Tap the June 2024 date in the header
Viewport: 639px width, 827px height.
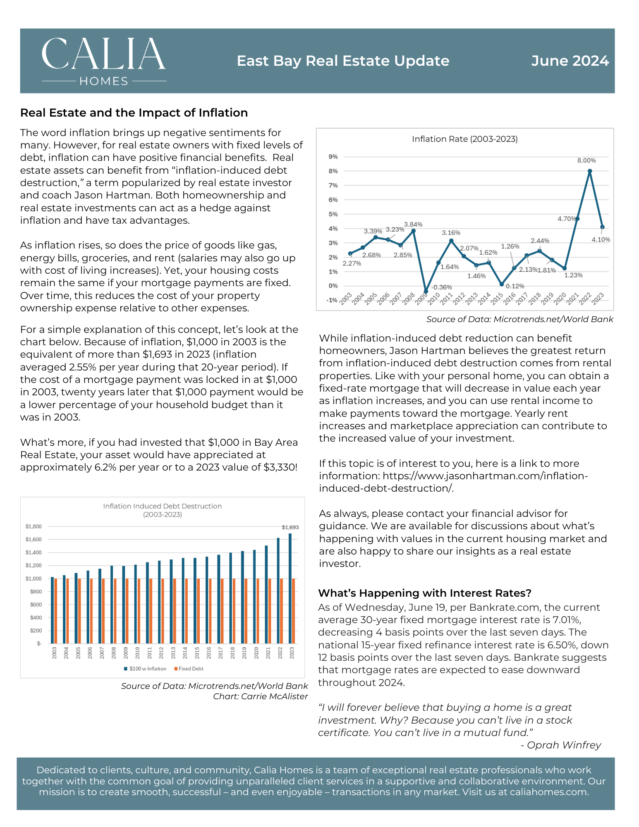(x=570, y=61)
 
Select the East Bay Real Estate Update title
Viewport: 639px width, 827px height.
(x=343, y=61)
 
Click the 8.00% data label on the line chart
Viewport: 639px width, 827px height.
(x=586, y=160)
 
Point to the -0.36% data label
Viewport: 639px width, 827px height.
(x=442, y=287)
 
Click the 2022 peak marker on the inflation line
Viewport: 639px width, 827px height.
(x=590, y=171)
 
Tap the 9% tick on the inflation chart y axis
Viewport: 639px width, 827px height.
(x=333, y=157)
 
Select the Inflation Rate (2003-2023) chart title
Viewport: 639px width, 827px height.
(x=464, y=139)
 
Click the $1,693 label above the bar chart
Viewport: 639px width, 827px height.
(x=290, y=527)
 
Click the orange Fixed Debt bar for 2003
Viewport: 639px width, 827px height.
(x=56, y=611)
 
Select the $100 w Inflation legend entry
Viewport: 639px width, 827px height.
(x=145, y=669)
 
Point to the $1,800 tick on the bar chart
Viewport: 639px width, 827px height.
(x=34, y=526)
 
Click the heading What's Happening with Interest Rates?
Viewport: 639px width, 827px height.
(x=425, y=593)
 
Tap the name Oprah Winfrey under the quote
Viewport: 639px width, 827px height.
(x=564, y=745)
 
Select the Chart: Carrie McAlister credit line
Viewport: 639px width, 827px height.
(x=261, y=696)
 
